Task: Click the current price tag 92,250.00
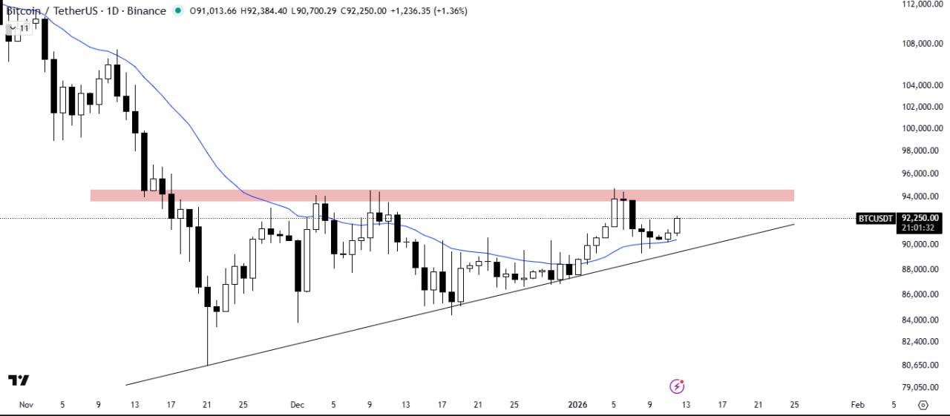(921, 218)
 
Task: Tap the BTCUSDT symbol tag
(876, 218)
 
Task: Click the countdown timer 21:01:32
(921, 228)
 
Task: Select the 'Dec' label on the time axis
(298, 405)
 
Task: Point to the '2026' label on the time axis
(577, 405)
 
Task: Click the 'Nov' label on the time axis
(26, 405)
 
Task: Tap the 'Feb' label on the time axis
(857, 405)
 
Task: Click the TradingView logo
(19, 380)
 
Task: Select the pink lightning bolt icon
(677, 386)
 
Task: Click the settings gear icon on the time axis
(923, 405)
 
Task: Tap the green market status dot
(177, 11)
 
